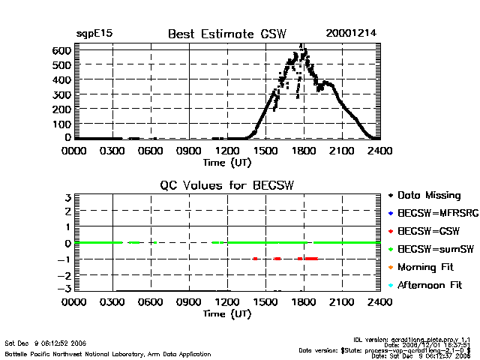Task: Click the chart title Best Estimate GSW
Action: tap(222, 34)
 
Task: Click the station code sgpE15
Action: tap(94, 34)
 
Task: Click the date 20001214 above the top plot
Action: tap(350, 34)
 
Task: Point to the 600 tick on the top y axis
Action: tap(61, 50)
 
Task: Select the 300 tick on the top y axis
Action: tap(61, 94)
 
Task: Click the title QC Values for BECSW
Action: tap(225, 184)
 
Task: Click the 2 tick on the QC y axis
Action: tap(67, 211)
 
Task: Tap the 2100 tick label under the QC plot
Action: tap(342, 302)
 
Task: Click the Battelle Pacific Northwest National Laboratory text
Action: tap(108, 353)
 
